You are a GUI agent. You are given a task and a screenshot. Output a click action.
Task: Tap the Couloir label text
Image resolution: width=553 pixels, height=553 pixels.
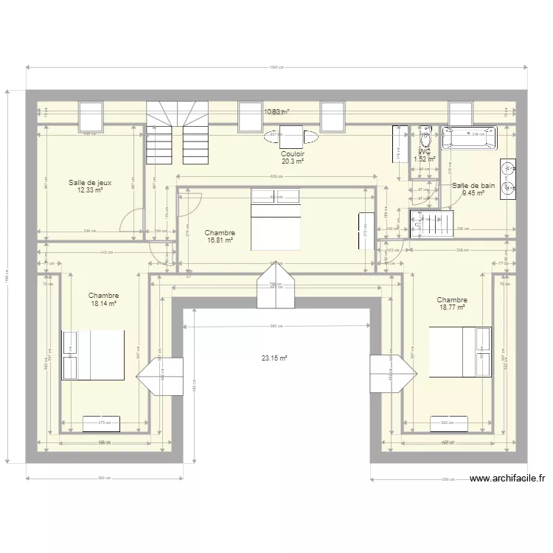[x=293, y=154]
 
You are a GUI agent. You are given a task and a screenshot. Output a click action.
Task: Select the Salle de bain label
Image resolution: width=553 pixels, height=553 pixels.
[x=473, y=186]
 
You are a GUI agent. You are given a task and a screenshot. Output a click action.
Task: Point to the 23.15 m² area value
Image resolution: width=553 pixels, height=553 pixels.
[x=274, y=358]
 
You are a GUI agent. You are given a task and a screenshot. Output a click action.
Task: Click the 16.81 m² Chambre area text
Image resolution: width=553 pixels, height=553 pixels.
[x=220, y=240]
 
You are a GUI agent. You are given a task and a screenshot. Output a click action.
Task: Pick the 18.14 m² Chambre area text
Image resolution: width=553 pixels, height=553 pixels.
[x=104, y=303]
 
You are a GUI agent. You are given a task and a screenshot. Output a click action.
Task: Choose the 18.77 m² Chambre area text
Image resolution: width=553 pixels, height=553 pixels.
[x=451, y=307]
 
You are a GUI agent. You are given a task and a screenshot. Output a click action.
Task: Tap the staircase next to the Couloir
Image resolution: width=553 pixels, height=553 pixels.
[x=178, y=133]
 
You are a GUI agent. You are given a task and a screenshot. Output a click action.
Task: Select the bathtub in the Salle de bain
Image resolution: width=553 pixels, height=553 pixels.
[x=469, y=136]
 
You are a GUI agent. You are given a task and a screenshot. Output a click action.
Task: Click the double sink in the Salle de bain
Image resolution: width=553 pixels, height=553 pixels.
[x=507, y=179]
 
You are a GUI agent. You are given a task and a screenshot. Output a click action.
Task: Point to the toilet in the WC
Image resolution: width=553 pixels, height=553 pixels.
[x=425, y=139]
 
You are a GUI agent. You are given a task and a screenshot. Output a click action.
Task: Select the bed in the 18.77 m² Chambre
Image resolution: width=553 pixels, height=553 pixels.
[x=460, y=352]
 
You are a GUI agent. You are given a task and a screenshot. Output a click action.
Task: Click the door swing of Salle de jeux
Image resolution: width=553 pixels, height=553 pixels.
[x=133, y=219]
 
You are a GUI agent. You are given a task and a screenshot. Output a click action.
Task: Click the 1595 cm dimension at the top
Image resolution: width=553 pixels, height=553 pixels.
[x=276, y=67]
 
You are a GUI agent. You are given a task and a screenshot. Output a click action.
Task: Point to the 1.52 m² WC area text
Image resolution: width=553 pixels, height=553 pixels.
[x=425, y=159]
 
